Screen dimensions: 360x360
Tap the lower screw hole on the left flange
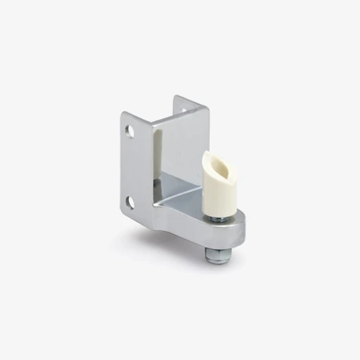click(130, 203)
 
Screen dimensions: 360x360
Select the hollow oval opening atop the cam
click(217, 161)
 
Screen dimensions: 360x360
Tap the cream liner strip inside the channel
click(160, 165)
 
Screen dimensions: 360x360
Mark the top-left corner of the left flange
click(123, 112)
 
